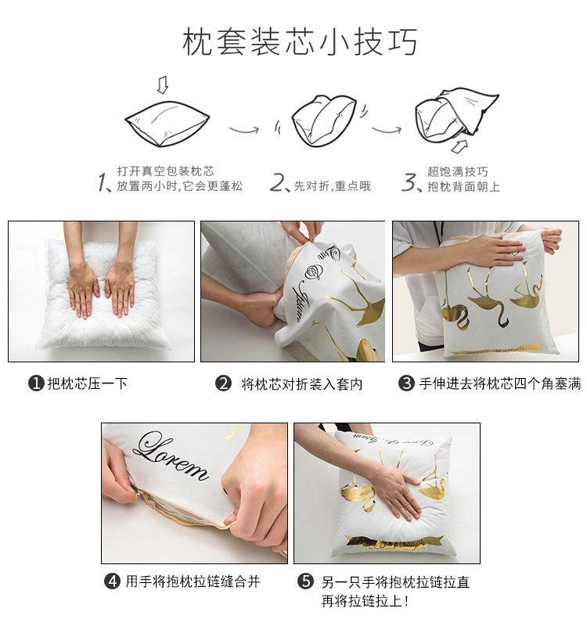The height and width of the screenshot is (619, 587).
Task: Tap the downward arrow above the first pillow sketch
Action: (162, 83)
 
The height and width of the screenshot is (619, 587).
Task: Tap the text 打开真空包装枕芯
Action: (165, 171)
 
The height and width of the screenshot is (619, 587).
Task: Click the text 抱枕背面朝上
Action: (463, 187)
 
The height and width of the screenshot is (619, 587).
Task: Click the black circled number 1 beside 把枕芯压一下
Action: (35, 383)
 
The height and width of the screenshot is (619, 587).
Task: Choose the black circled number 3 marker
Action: (406, 383)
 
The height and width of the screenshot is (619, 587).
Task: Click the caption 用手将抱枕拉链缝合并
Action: (193, 581)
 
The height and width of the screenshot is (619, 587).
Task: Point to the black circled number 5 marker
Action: (306, 582)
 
